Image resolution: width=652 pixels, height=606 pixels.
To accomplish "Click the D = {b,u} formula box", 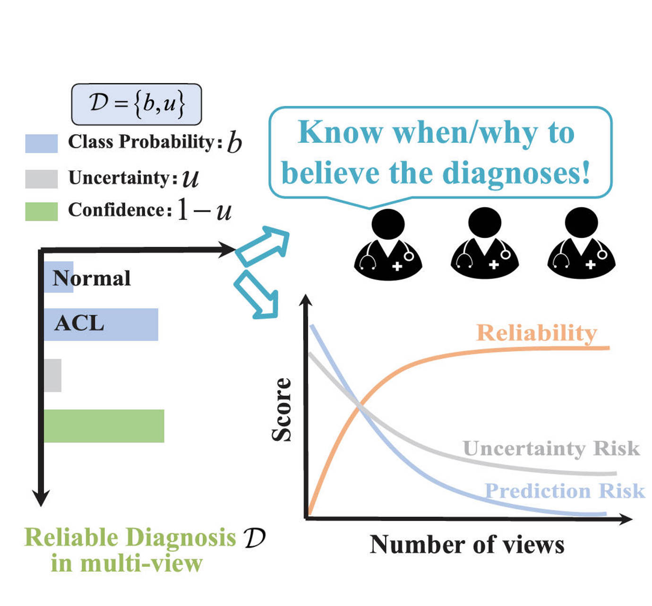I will pyautogui.click(x=136, y=104).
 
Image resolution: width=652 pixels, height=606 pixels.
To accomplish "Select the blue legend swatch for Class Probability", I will pyautogui.click(x=42, y=143).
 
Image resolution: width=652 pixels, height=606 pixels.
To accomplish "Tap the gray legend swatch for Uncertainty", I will pyautogui.click(x=42, y=179).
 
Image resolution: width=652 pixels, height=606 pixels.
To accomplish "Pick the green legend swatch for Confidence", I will pyautogui.click(x=42, y=211).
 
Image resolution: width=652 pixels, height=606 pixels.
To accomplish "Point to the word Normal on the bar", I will pyautogui.click(x=92, y=278).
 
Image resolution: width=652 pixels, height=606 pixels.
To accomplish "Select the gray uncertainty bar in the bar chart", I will pyautogui.click(x=52, y=375).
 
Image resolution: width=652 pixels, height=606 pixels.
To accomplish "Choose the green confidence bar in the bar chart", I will pyautogui.click(x=104, y=426).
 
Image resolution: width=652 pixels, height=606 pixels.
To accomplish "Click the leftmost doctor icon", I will pyautogui.click(x=388, y=246).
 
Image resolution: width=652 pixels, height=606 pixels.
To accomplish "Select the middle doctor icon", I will pyautogui.click(x=485, y=246).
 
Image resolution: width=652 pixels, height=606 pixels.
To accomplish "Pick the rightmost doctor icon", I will pyautogui.click(x=581, y=246).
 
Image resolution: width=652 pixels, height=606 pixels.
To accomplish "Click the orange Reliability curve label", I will pyautogui.click(x=536, y=333).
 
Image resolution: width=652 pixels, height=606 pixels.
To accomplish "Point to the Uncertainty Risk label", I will pyautogui.click(x=551, y=448).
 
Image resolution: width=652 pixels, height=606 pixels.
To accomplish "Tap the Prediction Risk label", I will pyautogui.click(x=565, y=491).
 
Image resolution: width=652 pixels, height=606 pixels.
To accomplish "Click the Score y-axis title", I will pyautogui.click(x=282, y=409).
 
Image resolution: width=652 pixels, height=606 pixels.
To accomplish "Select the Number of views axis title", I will pyautogui.click(x=467, y=545).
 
